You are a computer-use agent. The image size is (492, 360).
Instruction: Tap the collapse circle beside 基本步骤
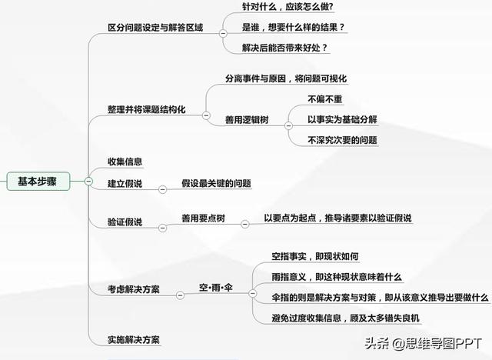(x=88, y=182)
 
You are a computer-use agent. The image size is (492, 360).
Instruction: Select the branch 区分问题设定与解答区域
(x=155, y=28)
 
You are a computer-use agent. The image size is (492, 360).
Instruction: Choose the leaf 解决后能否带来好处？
(x=284, y=48)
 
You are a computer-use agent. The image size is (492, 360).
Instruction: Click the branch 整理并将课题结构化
(x=146, y=109)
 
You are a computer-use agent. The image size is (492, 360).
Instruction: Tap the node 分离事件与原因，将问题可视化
(x=287, y=79)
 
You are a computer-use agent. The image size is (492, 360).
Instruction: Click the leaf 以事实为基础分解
(x=342, y=119)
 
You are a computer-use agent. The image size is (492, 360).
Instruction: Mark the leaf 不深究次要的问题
(x=342, y=140)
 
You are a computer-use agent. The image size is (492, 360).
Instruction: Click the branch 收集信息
(x=125, y=162)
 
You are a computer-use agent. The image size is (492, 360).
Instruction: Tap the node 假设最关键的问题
(x=216, y=184)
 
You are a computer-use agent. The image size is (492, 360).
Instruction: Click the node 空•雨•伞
(x=216, y=288)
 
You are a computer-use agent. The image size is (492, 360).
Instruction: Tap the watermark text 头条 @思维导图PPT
(x=422, y=343)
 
